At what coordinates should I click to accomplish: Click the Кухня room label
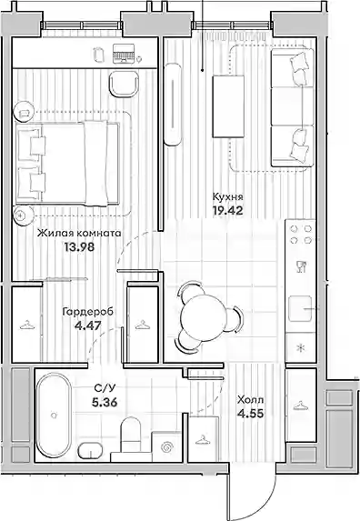pyautogui.click(x=227, y=197)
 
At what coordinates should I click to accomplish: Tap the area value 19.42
pyautogui.click(x=228, y=210)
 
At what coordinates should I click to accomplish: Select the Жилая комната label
pyautogui.click(x=79, y=234)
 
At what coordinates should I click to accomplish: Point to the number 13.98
pyautogui.click(x=80, y=247)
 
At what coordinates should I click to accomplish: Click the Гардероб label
pyautogui.click(x=88, y=312)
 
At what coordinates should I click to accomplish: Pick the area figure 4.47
pyautogui.click(x=88, y=325)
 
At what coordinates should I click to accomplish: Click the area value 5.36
pyautogui.click(x=105, y=403)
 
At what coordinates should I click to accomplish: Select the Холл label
pyautogui.click(x=250, y=400)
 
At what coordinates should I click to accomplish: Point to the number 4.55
pyautogui.click(x=251, y=414)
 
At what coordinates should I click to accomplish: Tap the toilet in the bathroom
pyautogui.click(x=130, y=434)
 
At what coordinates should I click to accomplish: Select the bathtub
pyautogui.click(x=53, y=415)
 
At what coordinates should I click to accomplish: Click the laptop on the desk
pyautogui.click(x=124, y=54)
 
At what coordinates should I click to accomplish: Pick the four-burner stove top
pyautogui.click(x=301, y=235)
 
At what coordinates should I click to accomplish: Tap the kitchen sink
pyautogui.click(x=300, y=308)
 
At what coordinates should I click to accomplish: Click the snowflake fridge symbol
pyautogui.click(x=301, y=348)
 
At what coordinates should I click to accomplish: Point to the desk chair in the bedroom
pyautogui.click(x=124, y=84)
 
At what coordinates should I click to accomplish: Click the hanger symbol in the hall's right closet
pyautogui.click(x=300, y=406)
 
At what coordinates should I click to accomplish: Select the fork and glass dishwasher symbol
pyautogui.click(x=301, y=266)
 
